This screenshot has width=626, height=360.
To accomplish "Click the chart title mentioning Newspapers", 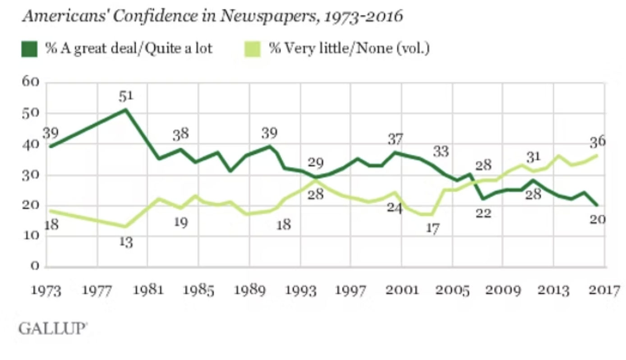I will [212, 17].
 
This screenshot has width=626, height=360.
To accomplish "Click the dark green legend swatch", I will [29, 48].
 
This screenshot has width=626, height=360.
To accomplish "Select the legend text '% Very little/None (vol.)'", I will [349, 48].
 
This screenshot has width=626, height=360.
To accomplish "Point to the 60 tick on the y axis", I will [31, 82].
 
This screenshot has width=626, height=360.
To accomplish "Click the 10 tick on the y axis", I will [31, 235].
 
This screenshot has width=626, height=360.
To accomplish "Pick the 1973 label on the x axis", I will [46, 291].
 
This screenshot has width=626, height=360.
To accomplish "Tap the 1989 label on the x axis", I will [250, 291].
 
